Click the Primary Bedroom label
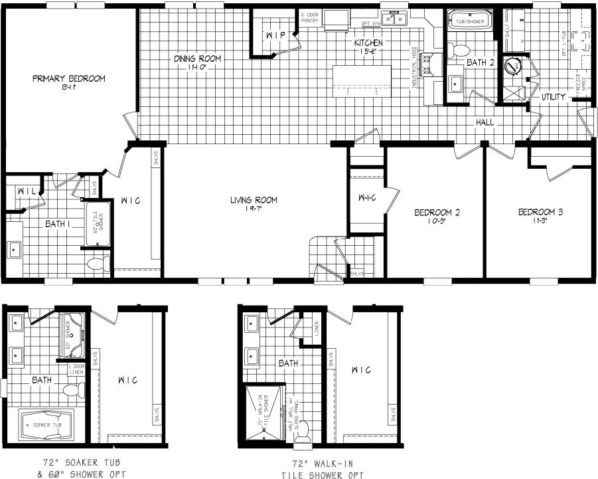(x=69, y=78)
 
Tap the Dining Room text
(x=197, y=59)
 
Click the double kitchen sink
(x=400, y=19)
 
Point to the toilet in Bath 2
(x=457, y=50)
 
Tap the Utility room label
(x=553, y=97)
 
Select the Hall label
(x=483, y=123)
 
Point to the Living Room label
(x=254, y=200)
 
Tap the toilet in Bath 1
(x=97, y=263)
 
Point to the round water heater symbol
(x=512, y=66)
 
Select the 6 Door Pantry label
(x=310, y=17)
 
